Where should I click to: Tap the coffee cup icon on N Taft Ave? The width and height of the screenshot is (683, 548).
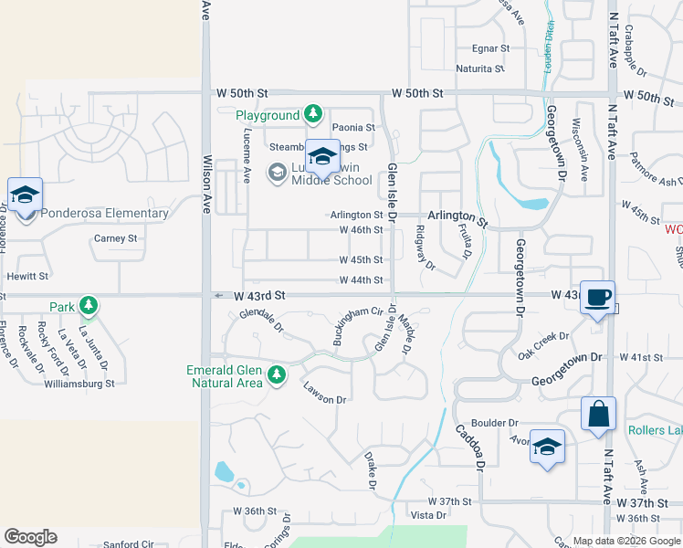[598, 298]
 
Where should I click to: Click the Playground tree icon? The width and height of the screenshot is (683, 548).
[313, 114]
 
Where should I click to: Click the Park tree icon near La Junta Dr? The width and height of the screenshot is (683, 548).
[89, 306]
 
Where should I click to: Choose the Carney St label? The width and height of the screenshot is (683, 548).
[115, 238]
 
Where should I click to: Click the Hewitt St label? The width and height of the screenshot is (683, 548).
[26, 276]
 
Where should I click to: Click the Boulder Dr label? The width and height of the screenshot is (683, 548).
[495, 423]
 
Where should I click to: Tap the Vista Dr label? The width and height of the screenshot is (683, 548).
[428, 516]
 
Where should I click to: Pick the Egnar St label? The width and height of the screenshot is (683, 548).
[490, 47]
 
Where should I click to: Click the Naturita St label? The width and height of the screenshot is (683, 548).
[480, 68]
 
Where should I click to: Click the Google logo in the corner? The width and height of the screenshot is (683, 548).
[30, 537]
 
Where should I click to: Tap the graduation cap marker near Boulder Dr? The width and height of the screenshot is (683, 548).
[547, 447]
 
